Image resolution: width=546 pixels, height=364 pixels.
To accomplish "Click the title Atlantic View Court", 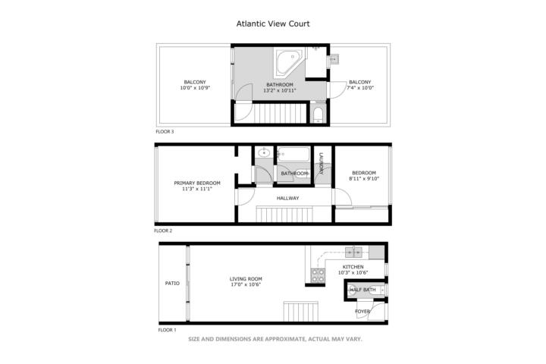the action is [x=273, y=24].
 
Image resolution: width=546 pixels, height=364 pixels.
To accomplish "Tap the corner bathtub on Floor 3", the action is [x=288, y=62].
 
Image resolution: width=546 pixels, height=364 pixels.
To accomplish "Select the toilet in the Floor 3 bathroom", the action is [x=318, y=114].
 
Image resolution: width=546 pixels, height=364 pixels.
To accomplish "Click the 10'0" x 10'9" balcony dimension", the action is [x=195, y=88].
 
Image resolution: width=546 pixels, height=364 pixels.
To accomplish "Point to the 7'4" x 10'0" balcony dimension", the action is [x=360, y=88].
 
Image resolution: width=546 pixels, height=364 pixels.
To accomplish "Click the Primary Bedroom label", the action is [x=197, y=184].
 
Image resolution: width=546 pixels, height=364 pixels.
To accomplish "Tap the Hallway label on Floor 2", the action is [x=287, y=198].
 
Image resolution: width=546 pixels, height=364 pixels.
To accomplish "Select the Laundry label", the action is [x=321, y=164].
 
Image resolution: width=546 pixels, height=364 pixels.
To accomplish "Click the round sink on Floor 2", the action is [x=264, y=152].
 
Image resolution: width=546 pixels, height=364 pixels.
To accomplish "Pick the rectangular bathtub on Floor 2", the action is [x=293, y=154].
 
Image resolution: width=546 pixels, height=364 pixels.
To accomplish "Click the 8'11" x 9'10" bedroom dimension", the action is [x=364, y=179].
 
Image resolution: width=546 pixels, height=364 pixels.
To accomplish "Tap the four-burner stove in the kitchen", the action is [x=318, y=275].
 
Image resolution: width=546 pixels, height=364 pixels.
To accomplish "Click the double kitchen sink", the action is [x=353, y=252].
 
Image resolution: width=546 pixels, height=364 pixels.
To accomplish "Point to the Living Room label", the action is [x=246, y=279].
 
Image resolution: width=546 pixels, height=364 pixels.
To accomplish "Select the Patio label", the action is [x=172, y=284].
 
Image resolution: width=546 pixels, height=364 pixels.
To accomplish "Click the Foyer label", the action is [x=362, y=312].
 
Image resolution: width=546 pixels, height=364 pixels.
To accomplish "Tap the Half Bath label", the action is [x=362, y=290].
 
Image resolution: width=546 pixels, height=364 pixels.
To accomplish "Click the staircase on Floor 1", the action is [x=301, y=312].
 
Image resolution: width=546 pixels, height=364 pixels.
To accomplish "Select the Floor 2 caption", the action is [x=163, y=231].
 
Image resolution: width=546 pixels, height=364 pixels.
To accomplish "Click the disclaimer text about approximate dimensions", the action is [x=275, y=339].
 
